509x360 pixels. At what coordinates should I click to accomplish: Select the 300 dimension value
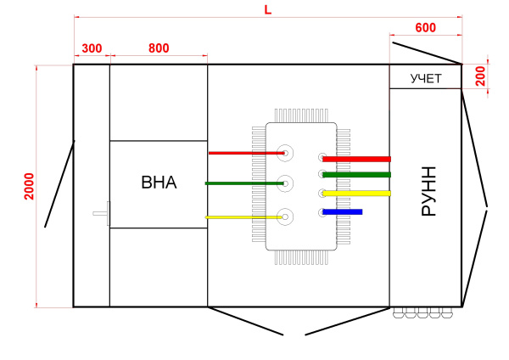pyautogui.click(x=92, y=48)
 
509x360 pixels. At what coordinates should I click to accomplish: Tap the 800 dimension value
pyautogui.click(x=159, y=48)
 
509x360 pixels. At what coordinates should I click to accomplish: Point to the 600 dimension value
pyautogui.click(x=425, y=28)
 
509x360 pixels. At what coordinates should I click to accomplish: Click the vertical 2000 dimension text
pyautogui.click(x=29, y=186)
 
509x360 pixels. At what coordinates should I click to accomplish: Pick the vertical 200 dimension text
pyautogui.click(x=480, y=76)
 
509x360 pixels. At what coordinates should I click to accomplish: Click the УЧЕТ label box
pyautogui.click(x=425, y=79)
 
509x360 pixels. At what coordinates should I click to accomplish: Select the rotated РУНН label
pyautogui.click(x=428, y=191)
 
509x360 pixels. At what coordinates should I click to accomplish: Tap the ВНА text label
pyautogui.click(x=159, y=182)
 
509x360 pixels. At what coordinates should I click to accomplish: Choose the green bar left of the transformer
pyautogui.click(x=243, y=183)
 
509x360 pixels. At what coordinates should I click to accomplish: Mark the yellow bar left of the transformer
pyautogui.click(x=243, y=217)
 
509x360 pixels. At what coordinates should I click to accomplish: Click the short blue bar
pyautogui.click(x=343, y=211)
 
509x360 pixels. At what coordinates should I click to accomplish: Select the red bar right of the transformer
pyautogui.click(x=356, y=159)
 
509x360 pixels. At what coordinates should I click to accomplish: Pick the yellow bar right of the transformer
pyautogui.click(x=356, y=194)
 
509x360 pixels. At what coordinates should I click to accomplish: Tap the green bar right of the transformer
pyautogui.click(x=356, y=175)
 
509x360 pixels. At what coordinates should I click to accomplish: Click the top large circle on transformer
pyautogui.click(x=286, y=153)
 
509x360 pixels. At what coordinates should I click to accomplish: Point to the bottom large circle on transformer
pyautogui.click(x=286, y=217)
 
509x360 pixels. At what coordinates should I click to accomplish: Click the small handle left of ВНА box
pyautogui.click(x=102, y=211)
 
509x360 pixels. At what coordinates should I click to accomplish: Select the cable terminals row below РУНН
pyautogui.click(x=423, y=312)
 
